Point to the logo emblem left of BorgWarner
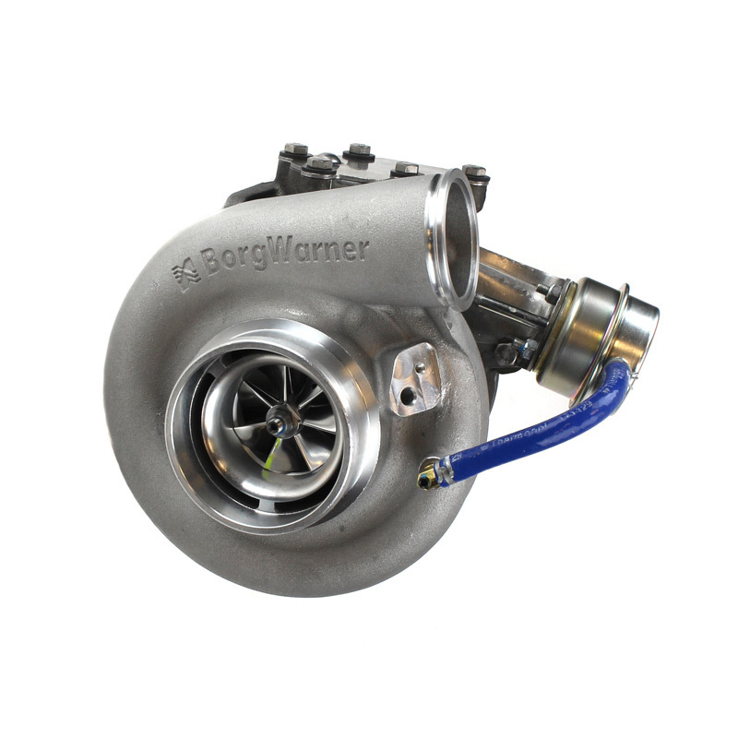pos(185,274)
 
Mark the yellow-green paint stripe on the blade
pos(271,454)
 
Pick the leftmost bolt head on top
pos(295,149)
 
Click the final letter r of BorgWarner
pos(363,246)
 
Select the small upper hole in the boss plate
pos(420,367)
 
